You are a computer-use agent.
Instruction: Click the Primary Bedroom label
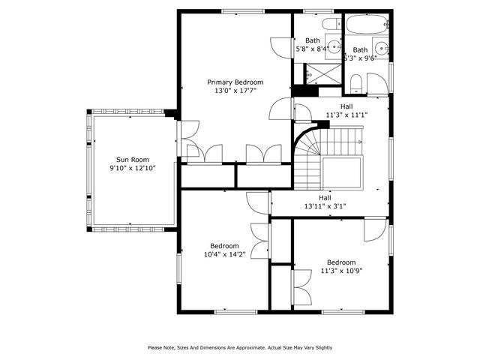pyautogui.click(x=235, y=82)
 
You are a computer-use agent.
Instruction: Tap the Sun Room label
pyautogui.click(x=132, y=159)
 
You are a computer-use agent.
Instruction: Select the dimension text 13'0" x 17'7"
pyautogui.click(x=235, y=91)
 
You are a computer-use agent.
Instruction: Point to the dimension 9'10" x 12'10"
pyautogui.click(x=132, y=168)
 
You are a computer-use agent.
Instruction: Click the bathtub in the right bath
pyautogui.click(x=364, y=25)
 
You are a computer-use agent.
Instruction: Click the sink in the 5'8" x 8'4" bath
pyautogui.click(x=335, y=47)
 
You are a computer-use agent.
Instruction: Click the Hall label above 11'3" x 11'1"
pyautogui.click(x=346, y=106)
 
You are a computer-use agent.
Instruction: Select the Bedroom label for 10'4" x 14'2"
pyautogui.click(x=224, y=245)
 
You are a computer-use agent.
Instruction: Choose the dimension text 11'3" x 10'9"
pyautogui.click(x=341, y=271)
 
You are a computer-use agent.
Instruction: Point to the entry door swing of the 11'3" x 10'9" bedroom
pyautogui.click(x=373, y=229)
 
